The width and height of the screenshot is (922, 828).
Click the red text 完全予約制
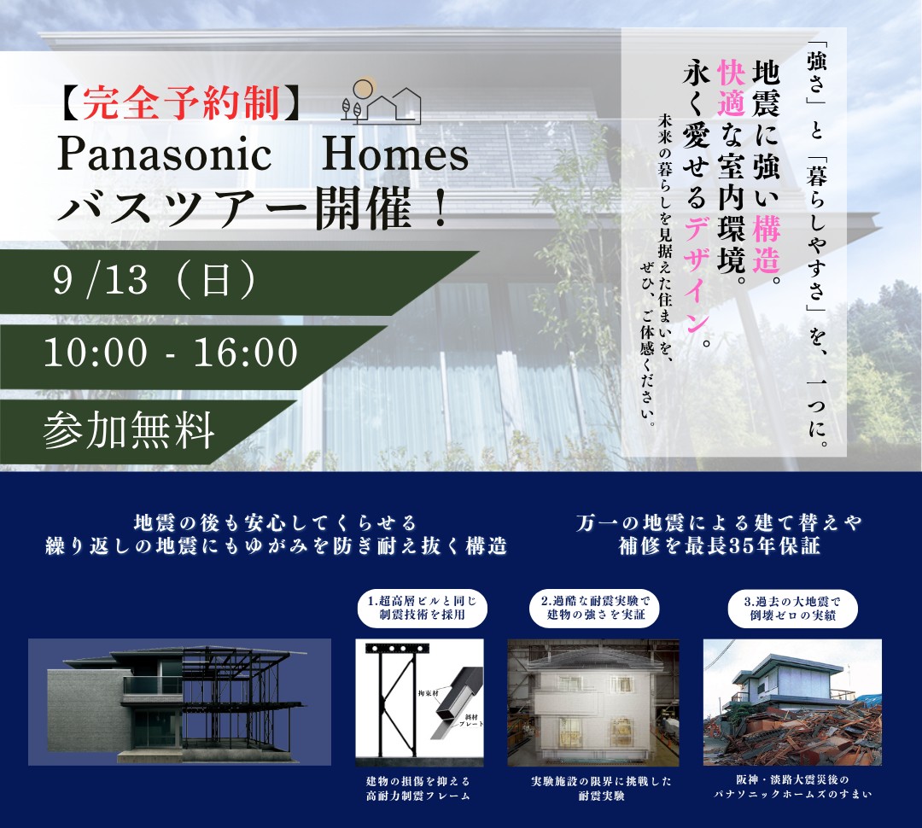(x=180, y=103)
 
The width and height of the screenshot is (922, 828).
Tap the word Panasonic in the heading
(x=164, y=154)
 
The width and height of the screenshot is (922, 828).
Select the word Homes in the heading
(x=395, y=154)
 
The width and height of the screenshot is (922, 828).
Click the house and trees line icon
(x=381, y=100)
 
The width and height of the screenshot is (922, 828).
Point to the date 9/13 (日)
(x=155, y=280)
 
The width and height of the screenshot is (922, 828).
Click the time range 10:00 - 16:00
(x=171, y=353)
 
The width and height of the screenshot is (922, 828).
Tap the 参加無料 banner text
(x=128, y=430)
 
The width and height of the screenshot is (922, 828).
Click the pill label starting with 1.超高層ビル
(x=423, y=608)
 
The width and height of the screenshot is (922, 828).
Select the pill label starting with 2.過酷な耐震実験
(x=596, y=608)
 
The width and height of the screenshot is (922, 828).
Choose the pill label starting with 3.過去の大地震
(x=792, y=608)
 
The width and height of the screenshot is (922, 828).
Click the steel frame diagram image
(x=419, y=703)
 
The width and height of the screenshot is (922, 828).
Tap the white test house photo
(x=593, y=703)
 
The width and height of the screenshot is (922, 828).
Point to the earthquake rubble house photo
(x=792, y=703)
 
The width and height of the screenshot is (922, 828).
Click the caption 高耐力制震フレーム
(x=418, y=796)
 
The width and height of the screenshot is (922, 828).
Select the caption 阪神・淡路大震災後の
(x=792, y=780)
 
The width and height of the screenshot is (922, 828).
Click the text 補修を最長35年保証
(x=719, y=546)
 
